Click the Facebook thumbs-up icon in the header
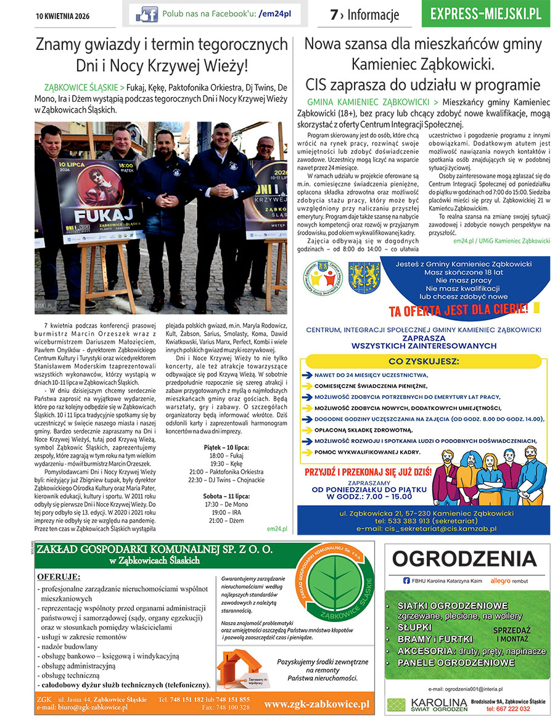tap(147, 14)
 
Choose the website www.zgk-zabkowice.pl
tap(316, 703)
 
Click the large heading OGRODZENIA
tap(465, 559)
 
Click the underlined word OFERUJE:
tap(59, 576)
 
